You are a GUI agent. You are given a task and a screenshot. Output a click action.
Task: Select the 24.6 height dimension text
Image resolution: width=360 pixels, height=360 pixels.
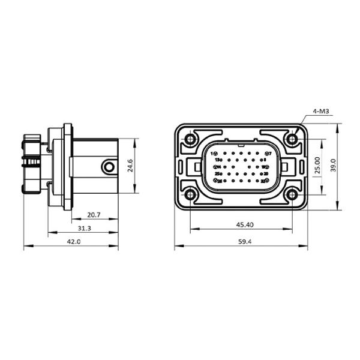130,166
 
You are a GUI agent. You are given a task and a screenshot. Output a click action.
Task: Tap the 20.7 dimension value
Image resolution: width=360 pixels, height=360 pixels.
94,214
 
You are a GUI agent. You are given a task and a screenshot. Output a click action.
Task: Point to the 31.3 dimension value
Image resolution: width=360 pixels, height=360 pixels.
85,228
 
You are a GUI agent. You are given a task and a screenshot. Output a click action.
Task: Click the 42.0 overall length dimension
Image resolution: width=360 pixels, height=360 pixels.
73,242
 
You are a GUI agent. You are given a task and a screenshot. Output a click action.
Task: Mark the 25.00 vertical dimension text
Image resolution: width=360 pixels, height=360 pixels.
318,166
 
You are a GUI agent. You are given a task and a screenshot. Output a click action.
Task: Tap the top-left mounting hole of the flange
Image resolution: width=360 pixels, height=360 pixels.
190,140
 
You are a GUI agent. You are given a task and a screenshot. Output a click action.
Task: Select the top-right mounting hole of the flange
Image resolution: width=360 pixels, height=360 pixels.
292,140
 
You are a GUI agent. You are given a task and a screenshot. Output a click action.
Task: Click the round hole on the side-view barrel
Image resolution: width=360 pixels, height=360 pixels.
108,167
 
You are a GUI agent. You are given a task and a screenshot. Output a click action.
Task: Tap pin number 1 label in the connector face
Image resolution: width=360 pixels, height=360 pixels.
212,154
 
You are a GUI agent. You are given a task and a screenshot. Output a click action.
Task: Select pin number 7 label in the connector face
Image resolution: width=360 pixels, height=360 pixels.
270,154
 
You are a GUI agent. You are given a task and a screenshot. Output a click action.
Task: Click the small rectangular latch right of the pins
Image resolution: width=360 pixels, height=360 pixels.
285,167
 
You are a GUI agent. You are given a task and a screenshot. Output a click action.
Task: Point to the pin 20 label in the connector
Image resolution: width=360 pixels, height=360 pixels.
265,173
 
